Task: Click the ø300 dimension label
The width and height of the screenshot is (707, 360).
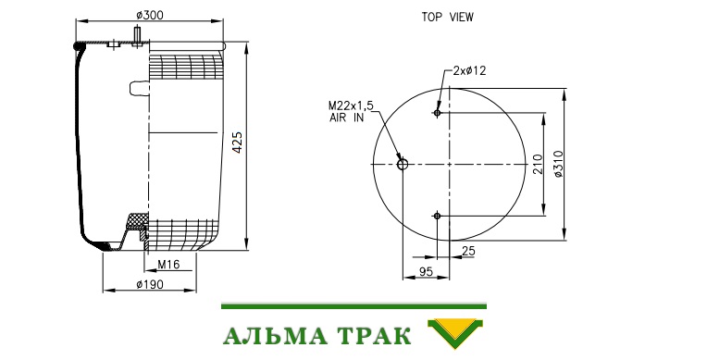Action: pos(150,16)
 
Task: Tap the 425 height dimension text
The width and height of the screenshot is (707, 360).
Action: pos(237,143)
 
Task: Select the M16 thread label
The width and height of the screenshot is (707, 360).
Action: pos(168,265)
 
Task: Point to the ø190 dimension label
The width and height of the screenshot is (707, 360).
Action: pos(150,284)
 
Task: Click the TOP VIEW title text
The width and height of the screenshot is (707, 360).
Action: pos(447,18)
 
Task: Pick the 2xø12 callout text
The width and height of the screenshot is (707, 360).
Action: pos(470,71)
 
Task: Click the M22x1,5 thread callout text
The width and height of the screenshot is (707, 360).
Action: pos(351,106)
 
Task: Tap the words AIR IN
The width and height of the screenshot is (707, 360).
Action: pos(346,118)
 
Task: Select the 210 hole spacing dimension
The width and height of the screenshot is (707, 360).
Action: pos(538,164)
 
